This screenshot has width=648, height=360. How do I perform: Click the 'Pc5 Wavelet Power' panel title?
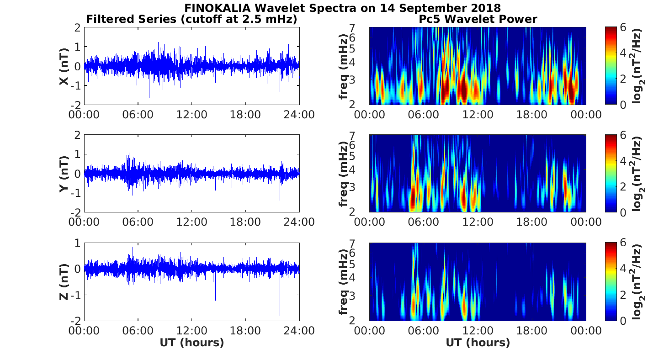coord(478,19)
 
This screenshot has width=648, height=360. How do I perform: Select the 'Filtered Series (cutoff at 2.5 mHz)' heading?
coord(191,19)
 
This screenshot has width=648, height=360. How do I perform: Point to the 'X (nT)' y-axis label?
coord(64,66)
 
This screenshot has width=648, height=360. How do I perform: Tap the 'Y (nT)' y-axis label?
coord(64,174)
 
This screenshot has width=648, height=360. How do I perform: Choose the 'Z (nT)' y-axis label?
coord(64,282)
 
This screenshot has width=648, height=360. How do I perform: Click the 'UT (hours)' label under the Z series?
coord(191,343)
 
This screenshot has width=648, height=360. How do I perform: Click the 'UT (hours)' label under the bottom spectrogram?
coord(478,343)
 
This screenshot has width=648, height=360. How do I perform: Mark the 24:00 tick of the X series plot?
coord(299,114)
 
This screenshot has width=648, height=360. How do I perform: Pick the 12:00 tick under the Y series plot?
coord(191,222)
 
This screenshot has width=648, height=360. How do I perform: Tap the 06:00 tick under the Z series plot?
coord(138,330)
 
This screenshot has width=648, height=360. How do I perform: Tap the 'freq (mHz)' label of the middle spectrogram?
coord(344,174)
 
